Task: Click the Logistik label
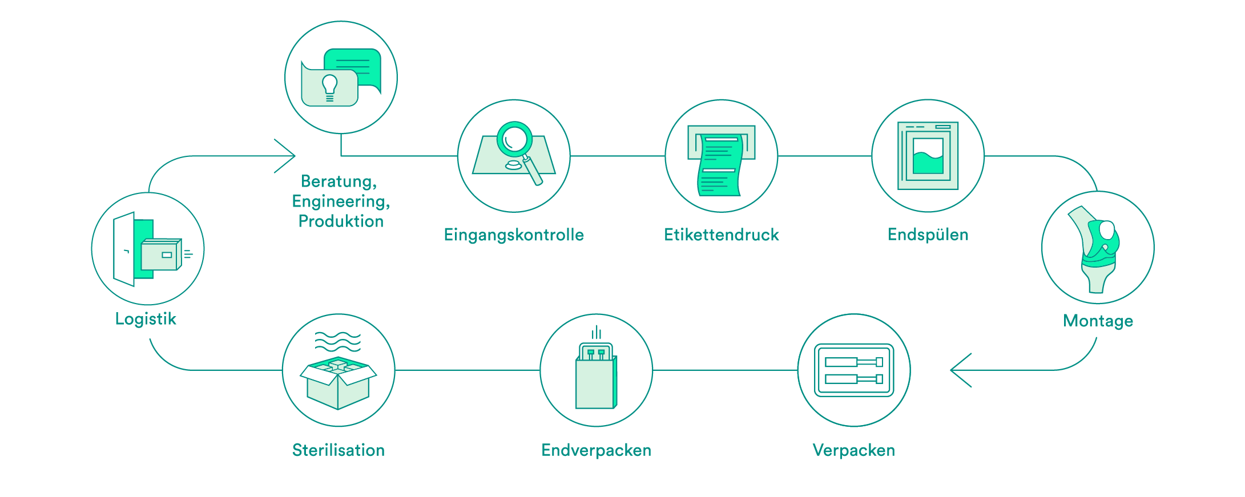(x=146, y=318)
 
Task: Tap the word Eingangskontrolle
(x=514, y=235)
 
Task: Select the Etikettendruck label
(x=721, y=235)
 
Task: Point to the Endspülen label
(x=928, y=235)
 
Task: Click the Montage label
(x=1098, y=321)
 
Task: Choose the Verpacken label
(x=853, y=450)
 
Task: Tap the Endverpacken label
(x=596, y=450)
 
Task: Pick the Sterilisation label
(x=339, y=450)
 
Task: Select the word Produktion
(x=341, y=221)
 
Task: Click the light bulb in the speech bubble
(x=330, y=87)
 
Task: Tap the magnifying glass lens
(x=515, y=139)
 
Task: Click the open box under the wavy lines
(x=338, y=383)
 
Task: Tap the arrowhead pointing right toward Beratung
(x=285, y=156)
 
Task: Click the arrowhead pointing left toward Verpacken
(x=961, y=370)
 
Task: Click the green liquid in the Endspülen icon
(x=928, y=162)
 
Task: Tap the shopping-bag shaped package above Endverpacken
(x=596, y=376)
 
